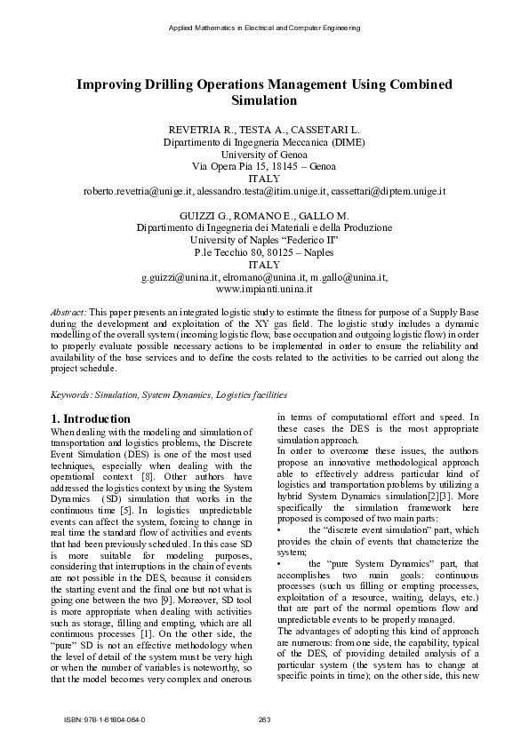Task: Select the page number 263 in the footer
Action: pos(264,719)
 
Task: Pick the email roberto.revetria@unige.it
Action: pos(139,191)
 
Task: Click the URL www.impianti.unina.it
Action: pos(264,290)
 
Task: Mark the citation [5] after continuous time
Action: pos(128,512)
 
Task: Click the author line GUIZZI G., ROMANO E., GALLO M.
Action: pos(264,216)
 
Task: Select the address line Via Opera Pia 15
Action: pos(264,166)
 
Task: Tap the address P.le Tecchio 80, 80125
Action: pos(264,252)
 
